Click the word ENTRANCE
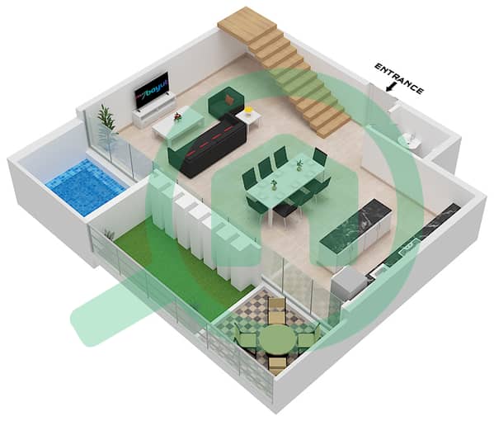pyautogui.click(x=399, y=79)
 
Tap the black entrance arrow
pyautogui.click(x=391, y=87)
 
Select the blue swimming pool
pyautogui.click(x=85, y=187)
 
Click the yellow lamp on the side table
pyautogui.click(x=248, y=111)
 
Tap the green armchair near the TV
pyautogui.click(x=226, y=101)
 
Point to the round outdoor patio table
pyautogui.click(x=277, y=339)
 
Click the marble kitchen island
pyautogui.click(x=356, y=233)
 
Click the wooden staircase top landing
pyautogui.click(x=248, y=23)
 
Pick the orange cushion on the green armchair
pyautogui.click(x=230, y=99)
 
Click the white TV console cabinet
pyautogui.click(x=154, y=110)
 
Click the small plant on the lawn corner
pyautogui.click(x=110, y=234)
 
